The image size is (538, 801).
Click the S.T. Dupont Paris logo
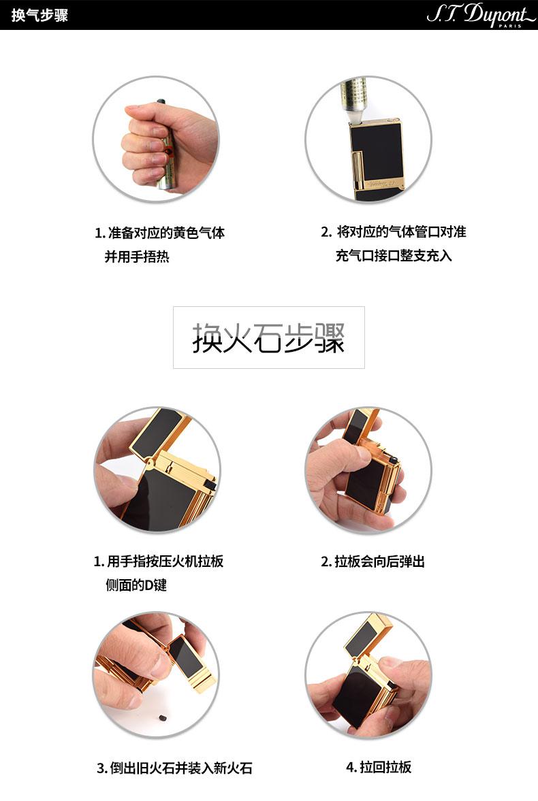[x=480, y=14]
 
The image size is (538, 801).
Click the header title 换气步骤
[x=40, y=15]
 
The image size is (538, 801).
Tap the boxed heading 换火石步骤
[x=268, y=338]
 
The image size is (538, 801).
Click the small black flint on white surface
[x=163, y=718]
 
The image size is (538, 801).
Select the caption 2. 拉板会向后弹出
[x=373, y=561]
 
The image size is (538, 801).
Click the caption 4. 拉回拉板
[x=379, y=767]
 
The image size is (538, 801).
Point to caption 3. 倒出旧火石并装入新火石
[x=174, y=768]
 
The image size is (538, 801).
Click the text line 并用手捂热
[x=137, y=257]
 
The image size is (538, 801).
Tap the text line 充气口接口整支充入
[x=394, y=255]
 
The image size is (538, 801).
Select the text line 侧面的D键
[x=136, y=585]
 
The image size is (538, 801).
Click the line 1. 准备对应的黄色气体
[x=160, y=233]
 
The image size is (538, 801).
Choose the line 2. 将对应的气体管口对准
[x=393, y=232]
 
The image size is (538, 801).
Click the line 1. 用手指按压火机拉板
[x=159, y=561]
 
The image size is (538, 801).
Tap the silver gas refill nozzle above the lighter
[x=354, y=99]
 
